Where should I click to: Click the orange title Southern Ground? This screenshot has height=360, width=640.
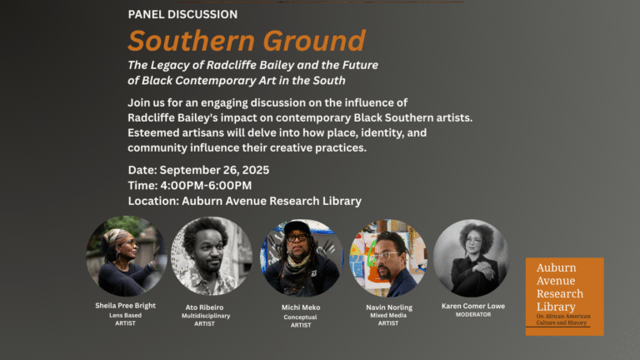247,41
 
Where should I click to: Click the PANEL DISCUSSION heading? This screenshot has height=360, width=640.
182,14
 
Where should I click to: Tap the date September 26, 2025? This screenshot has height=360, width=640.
214,170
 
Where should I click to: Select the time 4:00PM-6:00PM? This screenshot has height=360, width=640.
206,185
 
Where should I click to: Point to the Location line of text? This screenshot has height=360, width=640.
245,201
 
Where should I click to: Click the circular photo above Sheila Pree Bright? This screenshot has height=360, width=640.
127,256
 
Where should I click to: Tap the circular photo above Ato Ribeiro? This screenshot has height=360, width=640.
212,256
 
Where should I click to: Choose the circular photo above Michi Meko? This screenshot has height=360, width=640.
301,258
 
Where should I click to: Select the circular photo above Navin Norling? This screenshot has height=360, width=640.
388,258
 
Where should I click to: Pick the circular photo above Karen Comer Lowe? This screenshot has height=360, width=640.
472,258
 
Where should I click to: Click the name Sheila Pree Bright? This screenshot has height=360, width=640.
125,305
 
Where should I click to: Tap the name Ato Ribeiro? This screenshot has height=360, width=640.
204,307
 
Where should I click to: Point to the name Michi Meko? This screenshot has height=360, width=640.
301,307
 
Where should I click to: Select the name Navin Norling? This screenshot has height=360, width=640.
389,307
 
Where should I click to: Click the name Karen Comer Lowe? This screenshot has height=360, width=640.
473,306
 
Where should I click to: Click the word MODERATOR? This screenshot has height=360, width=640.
473,315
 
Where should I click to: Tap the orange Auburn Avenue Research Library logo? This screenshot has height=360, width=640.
564,297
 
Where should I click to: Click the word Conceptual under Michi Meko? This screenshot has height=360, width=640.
300,317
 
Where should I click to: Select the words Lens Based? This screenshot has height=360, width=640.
125,315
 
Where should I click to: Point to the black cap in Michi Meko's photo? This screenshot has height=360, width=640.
297,227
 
